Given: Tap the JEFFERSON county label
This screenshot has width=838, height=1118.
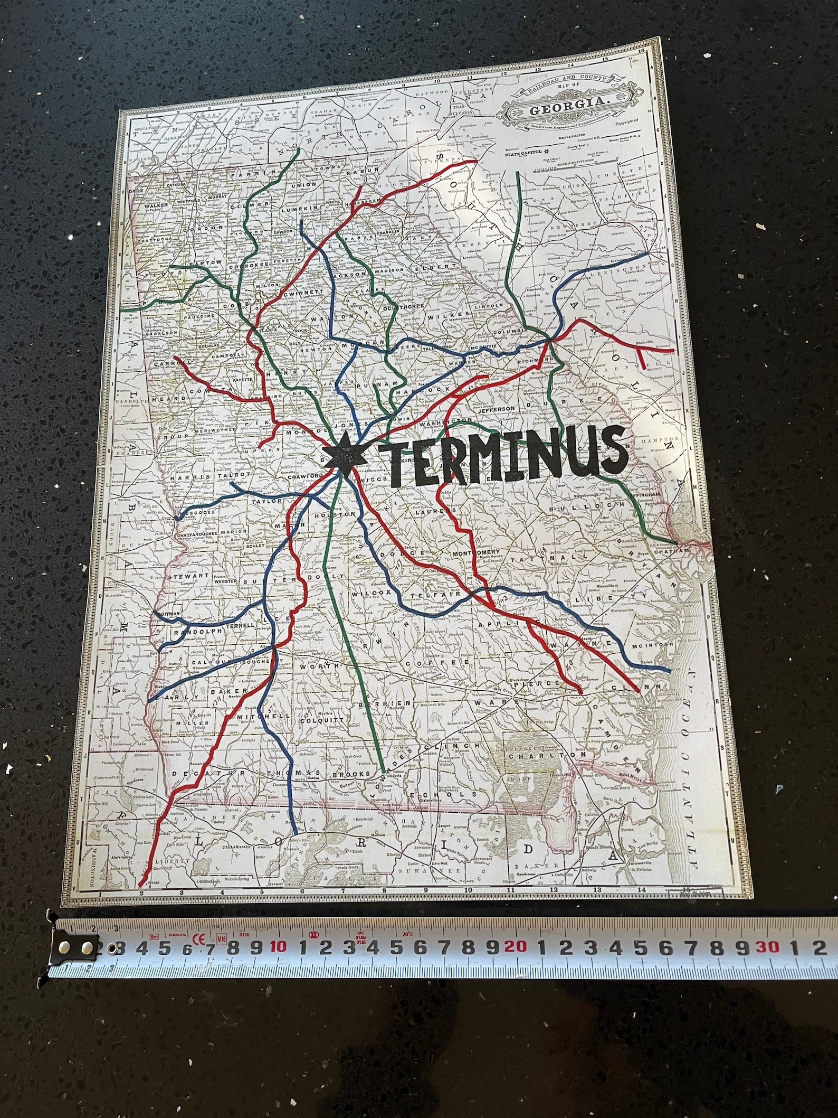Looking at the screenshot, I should coord(496,408).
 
